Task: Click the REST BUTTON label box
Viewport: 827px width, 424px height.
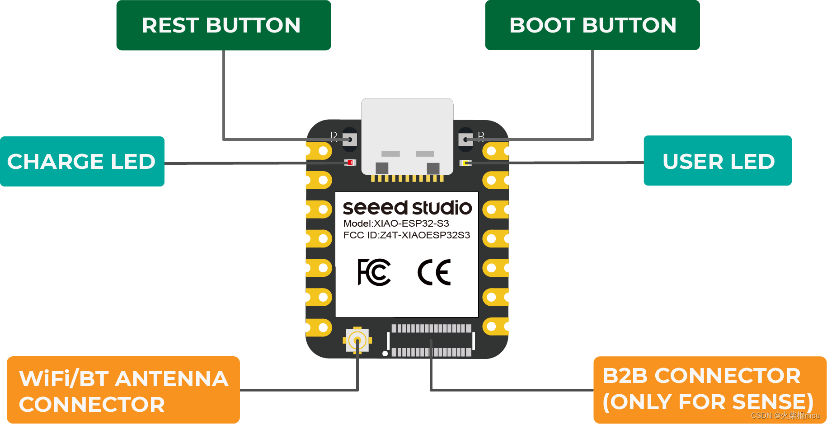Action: (223, 25)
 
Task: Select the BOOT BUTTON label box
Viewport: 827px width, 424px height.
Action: (592, 25)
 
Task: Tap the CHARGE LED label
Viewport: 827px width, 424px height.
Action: (82, 162)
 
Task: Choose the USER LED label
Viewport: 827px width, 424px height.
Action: (718, 161)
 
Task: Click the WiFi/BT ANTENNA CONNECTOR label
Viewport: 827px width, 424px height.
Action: (123, 391)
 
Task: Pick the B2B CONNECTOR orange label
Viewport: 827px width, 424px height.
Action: (710, 390)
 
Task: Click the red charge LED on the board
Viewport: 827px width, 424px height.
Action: (350, 163)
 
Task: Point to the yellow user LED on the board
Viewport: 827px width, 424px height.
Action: (465, 163)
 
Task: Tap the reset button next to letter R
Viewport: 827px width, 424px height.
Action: (349, 140)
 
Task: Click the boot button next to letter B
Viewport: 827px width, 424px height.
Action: (465, 140)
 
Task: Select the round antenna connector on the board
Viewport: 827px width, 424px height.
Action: (357, 340)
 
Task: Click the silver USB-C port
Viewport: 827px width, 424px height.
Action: (407, 135)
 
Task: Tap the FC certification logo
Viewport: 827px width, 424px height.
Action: (374, 272)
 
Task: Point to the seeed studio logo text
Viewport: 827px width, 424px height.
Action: (407, 208)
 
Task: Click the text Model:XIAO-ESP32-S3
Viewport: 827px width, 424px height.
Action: (396, 224)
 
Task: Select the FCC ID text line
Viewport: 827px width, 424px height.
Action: (406, 235)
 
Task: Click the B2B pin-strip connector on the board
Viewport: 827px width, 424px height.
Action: (431, 340)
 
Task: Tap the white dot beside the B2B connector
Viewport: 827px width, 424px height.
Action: (385, 354)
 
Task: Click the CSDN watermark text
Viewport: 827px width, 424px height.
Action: (785, 415)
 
